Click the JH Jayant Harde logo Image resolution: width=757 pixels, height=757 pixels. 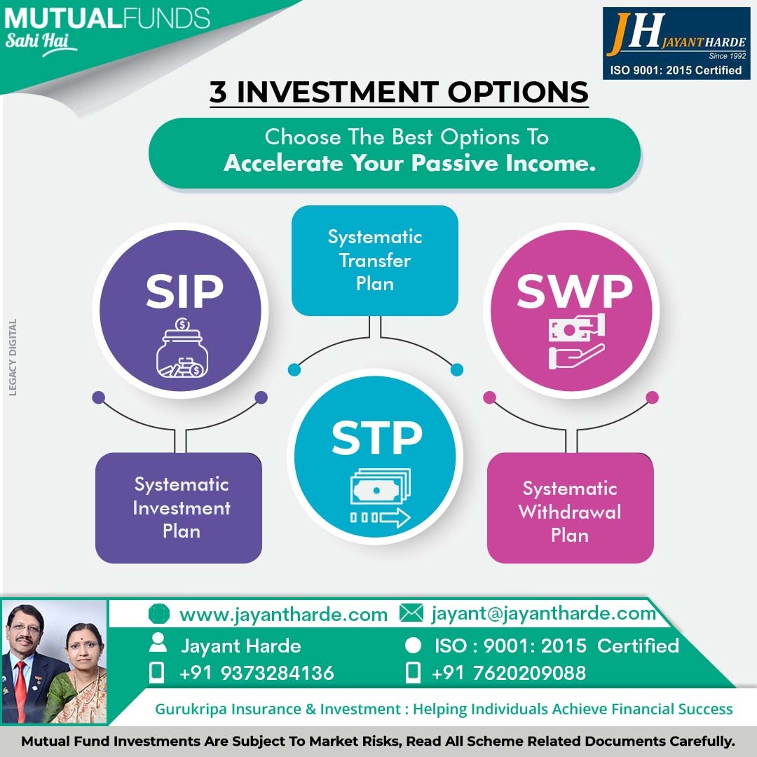(x=676, y=43)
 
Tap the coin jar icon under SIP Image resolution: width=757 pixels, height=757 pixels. (x=182, y=348)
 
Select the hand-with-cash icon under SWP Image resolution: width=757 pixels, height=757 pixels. (x=577, y=341)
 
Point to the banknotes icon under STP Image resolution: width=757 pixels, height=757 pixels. (x=380, y=498)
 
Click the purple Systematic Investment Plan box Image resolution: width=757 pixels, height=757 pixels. (x=179, y=507)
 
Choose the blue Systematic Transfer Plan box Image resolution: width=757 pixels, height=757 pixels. (x=374, y=261)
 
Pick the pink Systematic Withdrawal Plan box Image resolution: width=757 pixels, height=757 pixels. (x=570, y=507)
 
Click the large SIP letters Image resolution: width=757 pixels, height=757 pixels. (x=184, y=291)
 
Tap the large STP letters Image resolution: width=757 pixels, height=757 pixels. (x=376, y=437)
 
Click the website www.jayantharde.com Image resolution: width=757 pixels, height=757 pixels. (x=283, y=615)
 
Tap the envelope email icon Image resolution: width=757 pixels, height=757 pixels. (x=411, y=613)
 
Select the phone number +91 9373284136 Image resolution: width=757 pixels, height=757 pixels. (x=257, y=673)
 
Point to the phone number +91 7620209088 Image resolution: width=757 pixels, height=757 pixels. (x=509, y=673)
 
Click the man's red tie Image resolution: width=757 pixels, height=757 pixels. (x=20, y=691)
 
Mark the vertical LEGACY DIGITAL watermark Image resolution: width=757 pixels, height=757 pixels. (x=13, y=357)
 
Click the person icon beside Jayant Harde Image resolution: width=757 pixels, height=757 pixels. (x=158, y=643)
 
